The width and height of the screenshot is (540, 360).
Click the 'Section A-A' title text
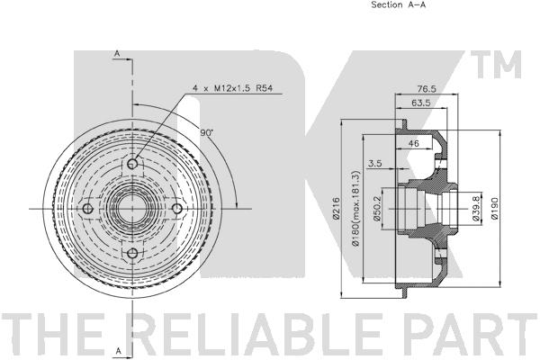coord(398,4)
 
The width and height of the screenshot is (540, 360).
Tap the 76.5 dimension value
coord(427,89)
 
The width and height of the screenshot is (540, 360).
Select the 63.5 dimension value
coord(421,103)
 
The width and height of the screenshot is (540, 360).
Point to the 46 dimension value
coord(413,143)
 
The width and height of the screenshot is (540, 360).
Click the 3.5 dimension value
coord(374,163)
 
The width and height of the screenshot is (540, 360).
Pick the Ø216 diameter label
coord(337,208)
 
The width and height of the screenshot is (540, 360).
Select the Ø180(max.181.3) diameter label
coord(355,208)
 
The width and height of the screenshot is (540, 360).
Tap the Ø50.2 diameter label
coord(376,208)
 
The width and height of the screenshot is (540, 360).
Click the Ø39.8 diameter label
coord(476,208)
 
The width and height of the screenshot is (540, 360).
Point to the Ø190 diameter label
coord(495,208)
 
